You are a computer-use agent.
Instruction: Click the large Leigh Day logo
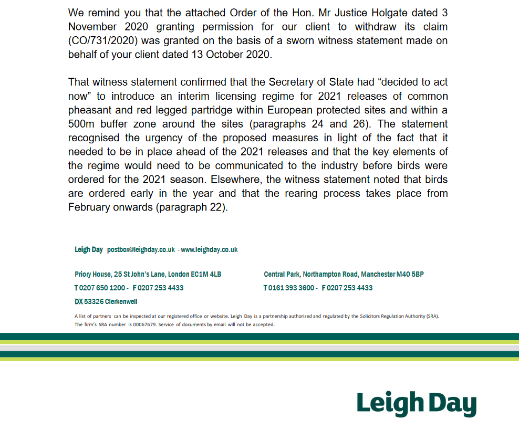pyautogui.click(x=416, y=404)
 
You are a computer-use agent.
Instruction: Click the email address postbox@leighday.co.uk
pyautogui.click(x=141, y=249)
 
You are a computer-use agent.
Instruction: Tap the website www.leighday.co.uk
pyautogui.click(x=209, y=249)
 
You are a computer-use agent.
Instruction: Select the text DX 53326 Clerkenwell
pyautogui.click(x=106, y=301)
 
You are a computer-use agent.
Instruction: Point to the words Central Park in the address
pyautogui.click(x=282, y=274)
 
